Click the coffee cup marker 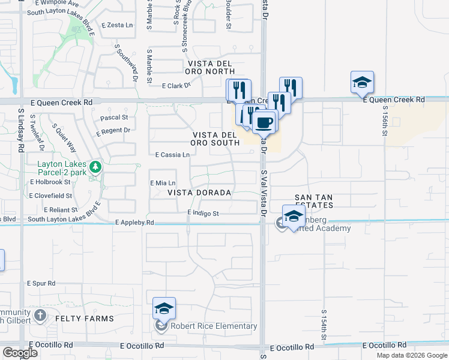tap(264, 123)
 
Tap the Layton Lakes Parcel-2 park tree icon tap(94, 166)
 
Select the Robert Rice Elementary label tap(214, 326)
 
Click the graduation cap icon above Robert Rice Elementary tap(164, 309)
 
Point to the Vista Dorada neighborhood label tap(199, 193)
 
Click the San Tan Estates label tap(322, 201)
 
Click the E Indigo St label tap(203, 213)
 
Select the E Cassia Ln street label tap(172, 155)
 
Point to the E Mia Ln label tap(162, 182)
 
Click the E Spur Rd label tap(41, 283)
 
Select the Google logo tap(20, 353)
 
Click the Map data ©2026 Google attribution tap(412, 355)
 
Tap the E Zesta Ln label tap(117, 25)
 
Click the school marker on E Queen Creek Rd tap(362, 83)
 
